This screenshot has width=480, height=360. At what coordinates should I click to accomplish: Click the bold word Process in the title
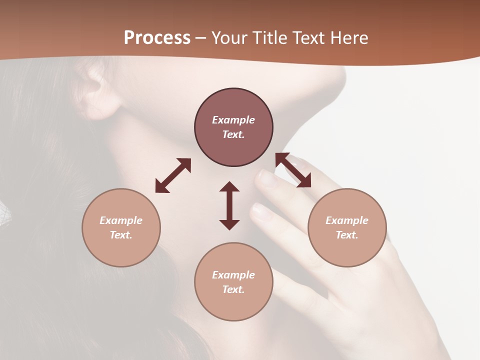tap(157, 38)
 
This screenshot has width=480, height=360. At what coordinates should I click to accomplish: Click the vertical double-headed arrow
tap(229, 205)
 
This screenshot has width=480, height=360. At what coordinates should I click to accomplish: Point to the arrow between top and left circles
tap(173, 175)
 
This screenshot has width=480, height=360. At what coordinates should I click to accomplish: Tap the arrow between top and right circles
tap(293, 170)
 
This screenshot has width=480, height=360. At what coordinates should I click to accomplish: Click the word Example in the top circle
tap(233, 120)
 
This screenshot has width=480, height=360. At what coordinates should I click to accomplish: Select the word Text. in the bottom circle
tap(233, 289)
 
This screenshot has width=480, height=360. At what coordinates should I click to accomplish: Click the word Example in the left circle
tap(121, 220)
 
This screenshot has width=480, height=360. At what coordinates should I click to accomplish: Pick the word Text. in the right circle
tap(347, 235)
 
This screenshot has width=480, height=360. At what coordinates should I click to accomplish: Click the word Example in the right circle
tap(347, 220)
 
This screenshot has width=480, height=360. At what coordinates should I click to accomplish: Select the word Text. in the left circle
tap(121, 235)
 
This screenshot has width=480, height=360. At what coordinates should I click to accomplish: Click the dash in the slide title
tap(200, 38)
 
